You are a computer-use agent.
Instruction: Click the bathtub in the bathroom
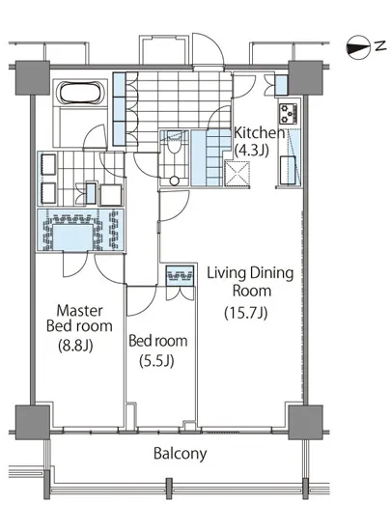[81, 93]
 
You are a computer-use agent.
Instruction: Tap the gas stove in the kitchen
[289, 114]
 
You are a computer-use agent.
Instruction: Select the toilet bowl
[174, 145]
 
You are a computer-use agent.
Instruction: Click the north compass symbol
[357, 47]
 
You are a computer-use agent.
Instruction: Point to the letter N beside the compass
[380, 45]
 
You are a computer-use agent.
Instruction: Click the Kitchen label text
[260, 133]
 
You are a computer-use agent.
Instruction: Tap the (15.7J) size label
[246, 313]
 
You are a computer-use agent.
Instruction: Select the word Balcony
[181, 454]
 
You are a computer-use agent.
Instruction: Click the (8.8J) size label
[75, 346]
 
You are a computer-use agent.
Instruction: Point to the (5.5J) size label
[156, 361]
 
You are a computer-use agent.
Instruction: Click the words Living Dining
[250, 273]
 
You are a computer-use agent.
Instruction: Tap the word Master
[79, 310]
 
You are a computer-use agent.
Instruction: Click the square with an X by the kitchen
[237, 174]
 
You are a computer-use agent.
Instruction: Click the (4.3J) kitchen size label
[252, 150]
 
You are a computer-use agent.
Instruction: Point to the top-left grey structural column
[33, 78]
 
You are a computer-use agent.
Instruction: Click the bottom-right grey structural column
[305, 423]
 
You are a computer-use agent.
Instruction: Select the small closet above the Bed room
[181, 276]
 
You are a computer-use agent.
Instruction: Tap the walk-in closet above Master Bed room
[80, 230]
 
